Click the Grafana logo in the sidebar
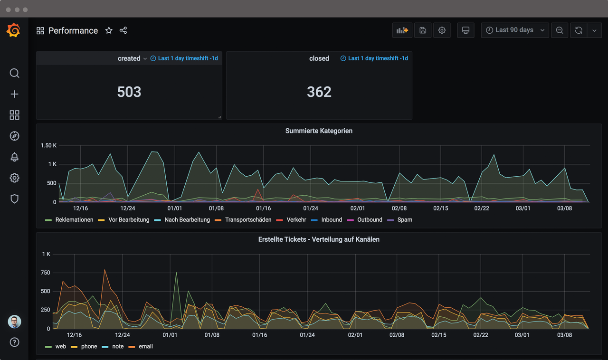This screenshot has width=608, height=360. pyautogui.click(x=14, y=30)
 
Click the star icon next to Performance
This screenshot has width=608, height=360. pyautogui.click(x=109, y=30)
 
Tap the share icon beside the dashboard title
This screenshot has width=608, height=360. pyautogui.click(x=123, y=30)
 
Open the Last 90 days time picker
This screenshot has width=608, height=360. pyautogui.click(x=515, y=30)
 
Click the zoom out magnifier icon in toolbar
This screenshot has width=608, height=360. pyautogui.click(x=560, y=30)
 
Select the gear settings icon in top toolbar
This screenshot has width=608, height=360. pyautogui.click(x=442, y=30)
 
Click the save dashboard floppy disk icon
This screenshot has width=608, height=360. pyautogui.click(x=422, y=30)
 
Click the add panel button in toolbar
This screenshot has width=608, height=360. pyautogui.click(x=402, y=30)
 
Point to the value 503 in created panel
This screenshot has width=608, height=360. pyautogui.click(x=129, y=92)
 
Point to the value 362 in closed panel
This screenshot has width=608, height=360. pyautogui.click(x=319, y=92)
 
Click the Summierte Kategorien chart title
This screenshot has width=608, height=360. pyautogui.click(x=319, y=131)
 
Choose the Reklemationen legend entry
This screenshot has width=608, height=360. pyautogui.click(x=74, y=220)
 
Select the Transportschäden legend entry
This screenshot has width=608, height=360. pyautogui.click(x=248, y=220)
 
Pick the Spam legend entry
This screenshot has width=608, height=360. pyautogui.click(x=404, y=220)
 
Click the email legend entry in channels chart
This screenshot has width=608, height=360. pyautogui.click(x=145, y=347)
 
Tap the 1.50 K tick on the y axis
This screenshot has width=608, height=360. pyautogui.click(x=48, y=145)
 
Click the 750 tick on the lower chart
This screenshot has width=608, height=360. pyautogui.click(x=46, y=273)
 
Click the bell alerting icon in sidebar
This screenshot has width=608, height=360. pyautogui.click(x=14, y=157)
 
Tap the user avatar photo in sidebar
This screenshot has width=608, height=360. pyautogui.click(x=14, y=322)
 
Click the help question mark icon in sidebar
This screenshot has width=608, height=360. pyautogui.click(x=14, y=342)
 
